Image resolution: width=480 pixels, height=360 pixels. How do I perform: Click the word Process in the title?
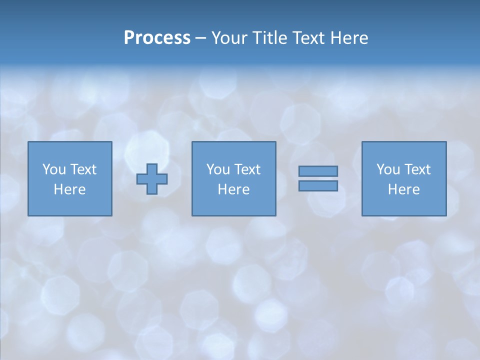coord(157,38)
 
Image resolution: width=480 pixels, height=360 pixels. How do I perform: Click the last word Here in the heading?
coord(349,38)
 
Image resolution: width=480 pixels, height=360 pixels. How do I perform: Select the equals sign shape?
coord(318,178)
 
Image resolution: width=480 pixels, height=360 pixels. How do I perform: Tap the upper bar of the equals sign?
coord(318,171)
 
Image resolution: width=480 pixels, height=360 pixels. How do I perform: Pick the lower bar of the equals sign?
coord(318,186)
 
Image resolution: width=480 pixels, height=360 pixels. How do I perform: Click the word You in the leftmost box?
coord(53,169)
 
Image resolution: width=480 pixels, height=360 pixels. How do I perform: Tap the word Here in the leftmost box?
coord(69,189)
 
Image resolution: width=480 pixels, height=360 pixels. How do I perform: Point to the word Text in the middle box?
coord(247,169)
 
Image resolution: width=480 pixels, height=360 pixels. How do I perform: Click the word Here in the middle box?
coord(233,189)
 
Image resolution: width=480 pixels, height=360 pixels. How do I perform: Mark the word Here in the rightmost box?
coord(403,189)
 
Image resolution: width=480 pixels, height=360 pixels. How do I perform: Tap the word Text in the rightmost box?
coord(417,169)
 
